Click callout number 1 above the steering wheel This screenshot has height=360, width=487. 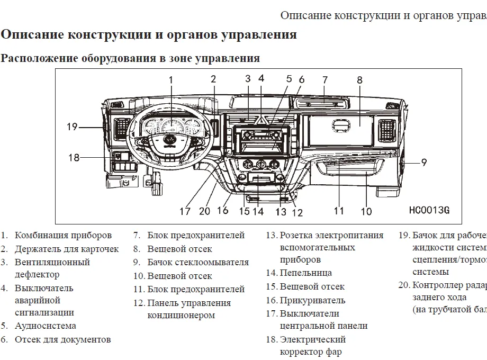click(x=171, y=80)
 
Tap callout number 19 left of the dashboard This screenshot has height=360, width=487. click(x=72, y=127)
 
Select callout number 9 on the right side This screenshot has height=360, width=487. click(x=423, y=163)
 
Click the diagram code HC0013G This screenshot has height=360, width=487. click(x=429, y=210)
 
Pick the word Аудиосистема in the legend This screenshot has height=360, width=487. click(x=45, y=326)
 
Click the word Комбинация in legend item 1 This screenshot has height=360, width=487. click(x=42, y=235)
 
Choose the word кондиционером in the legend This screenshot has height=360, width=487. click(x=181, y=315)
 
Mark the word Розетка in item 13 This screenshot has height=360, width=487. click(x=297, y=235)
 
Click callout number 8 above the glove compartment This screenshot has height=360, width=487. click(x=359, y=80)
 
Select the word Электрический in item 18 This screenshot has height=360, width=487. click(x=312, y=339)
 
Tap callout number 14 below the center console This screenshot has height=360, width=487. click(x=258, y=211)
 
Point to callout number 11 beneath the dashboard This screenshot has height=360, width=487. click(x=339, y=211)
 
